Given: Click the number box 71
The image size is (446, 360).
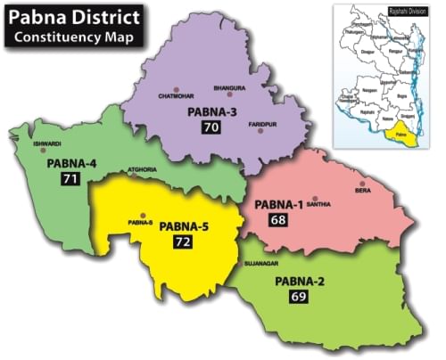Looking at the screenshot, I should pyautogui.click(x=69, y=179).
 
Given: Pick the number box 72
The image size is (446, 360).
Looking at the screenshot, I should pyautogui.click(x=182, y=241).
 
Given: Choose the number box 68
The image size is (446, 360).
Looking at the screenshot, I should pyautogui.click(x=278, y=219).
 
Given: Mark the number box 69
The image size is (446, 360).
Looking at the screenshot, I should pyautogui.click(x=299, y=297).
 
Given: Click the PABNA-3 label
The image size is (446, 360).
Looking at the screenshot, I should pyautogui.click(x=212, y=113).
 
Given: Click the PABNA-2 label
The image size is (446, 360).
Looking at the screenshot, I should pyautogui.click(x=299, y=282).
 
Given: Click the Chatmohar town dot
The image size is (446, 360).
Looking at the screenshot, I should pyautogui.click(x=177, y=90).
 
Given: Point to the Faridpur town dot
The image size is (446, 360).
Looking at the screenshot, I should pyautogui.click(x=260, y=131).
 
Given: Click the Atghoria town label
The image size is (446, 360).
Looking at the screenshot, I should pyautogui.click(x=143, y=168).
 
